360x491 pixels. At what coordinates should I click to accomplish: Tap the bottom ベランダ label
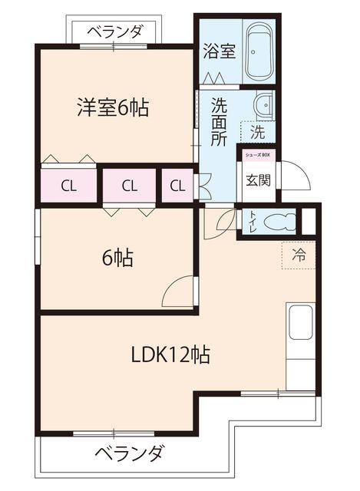[129, 453]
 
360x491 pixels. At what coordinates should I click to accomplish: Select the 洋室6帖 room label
[112, 107]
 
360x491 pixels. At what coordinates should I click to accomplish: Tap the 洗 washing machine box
[259, 132]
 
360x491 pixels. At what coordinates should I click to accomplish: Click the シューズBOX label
[257, 155]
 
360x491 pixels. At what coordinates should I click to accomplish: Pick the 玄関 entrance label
[256, 181]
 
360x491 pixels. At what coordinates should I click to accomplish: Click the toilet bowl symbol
[279, 222]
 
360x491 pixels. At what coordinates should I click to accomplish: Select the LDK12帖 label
[170, 354]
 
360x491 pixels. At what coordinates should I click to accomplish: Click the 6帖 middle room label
[117, 259]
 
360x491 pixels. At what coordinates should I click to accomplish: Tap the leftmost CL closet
[68, 186]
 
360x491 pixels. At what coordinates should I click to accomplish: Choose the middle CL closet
[128, 186]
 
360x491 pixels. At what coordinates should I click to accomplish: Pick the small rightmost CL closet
[177, 186]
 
